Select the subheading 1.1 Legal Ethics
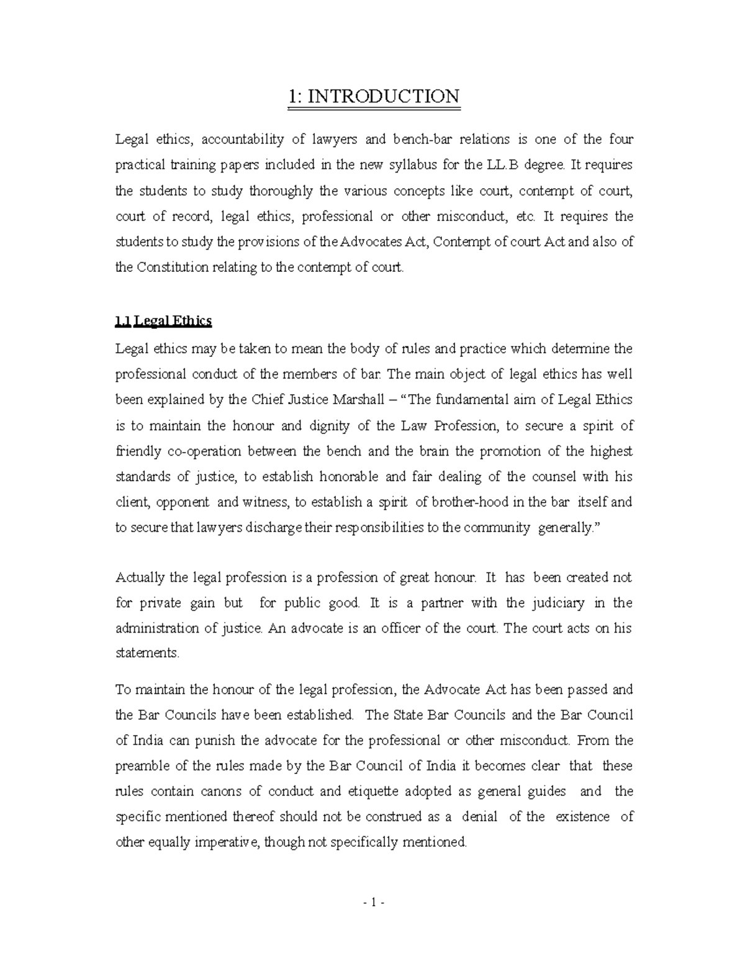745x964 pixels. pyautogui.click(x=164, y=321)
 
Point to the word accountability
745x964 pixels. pyautogui.click(x=243, y=139)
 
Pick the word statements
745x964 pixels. pyautogui.click(x=147, y=654)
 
